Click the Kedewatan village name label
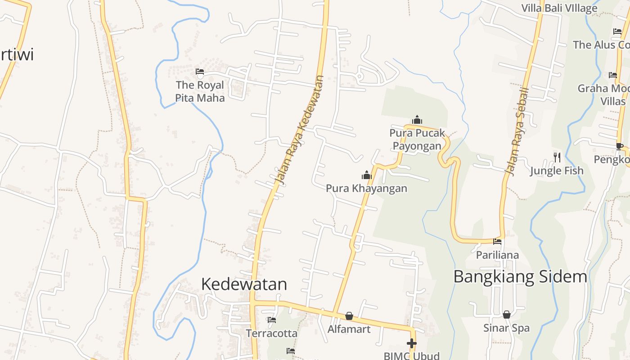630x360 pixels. coord(244,284)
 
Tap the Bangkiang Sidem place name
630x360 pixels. coord(520,276)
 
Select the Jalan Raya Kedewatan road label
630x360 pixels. coord(300,130)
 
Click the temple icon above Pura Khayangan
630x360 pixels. coord(366,175)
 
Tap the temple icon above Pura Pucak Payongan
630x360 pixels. coord(417,120)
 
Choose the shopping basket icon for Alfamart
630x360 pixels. coord(349,316)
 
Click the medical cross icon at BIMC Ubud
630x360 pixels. coord(411,343)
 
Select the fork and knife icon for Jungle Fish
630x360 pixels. coord(557,157)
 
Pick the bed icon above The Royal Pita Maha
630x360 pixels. coord(200,72)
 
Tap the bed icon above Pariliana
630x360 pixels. coord(497,242)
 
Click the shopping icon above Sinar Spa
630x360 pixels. coord(507,315)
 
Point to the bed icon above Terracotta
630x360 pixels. coord(272,320)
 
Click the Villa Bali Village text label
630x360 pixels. coord(559,8)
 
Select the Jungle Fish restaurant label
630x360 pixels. coord(557,171)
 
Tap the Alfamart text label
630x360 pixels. coord(349,329)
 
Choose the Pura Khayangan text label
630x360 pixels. coord(366,188)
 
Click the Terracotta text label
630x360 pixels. coord(271,333)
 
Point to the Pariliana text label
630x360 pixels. coord(497,255)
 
